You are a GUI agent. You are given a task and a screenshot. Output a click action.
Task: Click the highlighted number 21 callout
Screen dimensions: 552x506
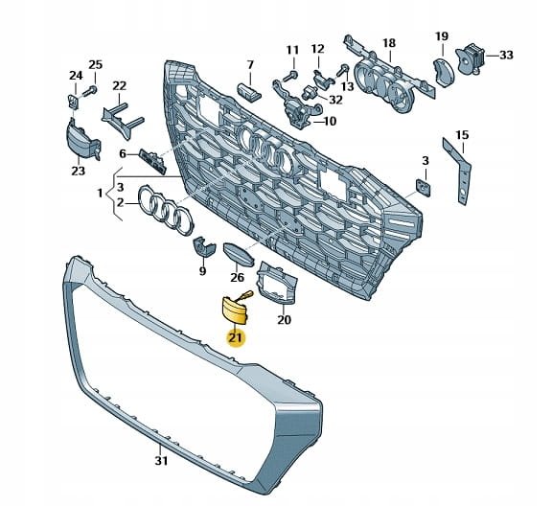click(236, 338)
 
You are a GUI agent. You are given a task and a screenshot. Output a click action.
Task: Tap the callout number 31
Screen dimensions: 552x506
click(161, 461)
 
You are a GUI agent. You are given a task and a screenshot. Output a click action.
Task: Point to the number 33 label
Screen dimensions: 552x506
click(506, 55)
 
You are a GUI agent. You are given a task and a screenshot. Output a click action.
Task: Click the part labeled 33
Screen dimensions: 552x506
click(471, 58)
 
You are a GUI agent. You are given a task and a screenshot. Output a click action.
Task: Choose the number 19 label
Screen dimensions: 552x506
click(442, 36)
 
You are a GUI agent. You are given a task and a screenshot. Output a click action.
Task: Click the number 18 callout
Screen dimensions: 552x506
click(389, 43)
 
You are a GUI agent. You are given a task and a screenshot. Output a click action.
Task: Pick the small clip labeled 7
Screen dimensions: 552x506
click(249, 91)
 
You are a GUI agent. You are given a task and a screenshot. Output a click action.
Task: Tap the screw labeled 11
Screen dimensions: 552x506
click(292, 75)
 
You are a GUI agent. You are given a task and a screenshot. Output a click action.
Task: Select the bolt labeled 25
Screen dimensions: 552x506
click(89, 91)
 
